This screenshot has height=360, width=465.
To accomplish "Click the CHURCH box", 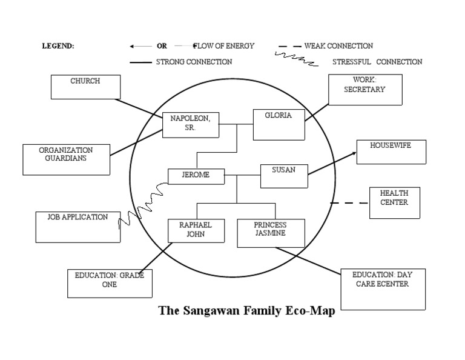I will pos(85,87).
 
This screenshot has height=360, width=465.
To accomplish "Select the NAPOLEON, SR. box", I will pos(191,125).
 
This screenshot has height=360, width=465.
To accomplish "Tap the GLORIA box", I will pos(278,124).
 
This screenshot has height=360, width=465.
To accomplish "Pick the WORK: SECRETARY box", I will pos(364,90).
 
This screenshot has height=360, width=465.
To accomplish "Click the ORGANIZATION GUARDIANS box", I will pos(66,159).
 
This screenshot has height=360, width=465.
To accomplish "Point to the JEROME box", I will pos(196,176).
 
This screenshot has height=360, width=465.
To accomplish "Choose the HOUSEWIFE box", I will pos(391,152).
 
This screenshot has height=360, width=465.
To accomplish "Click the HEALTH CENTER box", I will pos(394,202).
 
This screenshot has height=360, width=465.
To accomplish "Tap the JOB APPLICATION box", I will pos(77,227).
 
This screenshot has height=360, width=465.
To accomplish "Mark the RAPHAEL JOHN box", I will pos(196,230).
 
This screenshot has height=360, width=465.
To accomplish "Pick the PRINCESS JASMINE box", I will pos(270,233).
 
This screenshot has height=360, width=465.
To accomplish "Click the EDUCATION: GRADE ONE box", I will pos(110,283).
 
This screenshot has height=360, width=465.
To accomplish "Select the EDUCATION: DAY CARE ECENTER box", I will pos(383,289).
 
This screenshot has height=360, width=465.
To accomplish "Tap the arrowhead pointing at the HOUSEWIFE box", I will pos(353,153).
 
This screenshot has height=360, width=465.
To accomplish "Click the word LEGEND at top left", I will pos(58,46).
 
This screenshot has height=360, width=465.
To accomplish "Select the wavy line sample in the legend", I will pos(296,59).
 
